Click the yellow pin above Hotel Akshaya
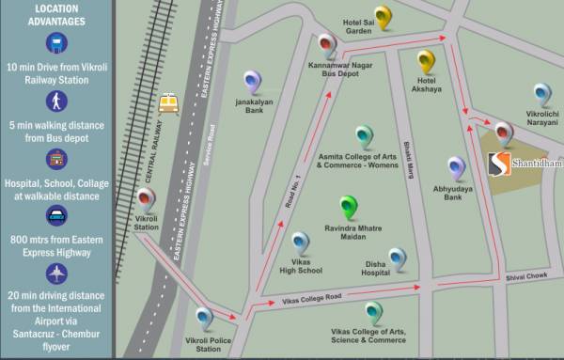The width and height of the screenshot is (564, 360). coord(428,62)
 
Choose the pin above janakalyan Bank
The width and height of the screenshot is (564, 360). coord(252,83)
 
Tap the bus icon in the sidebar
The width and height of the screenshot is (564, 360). coord(58,43)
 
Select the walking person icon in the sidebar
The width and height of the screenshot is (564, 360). coord(58,102)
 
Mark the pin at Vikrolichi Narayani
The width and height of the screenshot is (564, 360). coord(541,95)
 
